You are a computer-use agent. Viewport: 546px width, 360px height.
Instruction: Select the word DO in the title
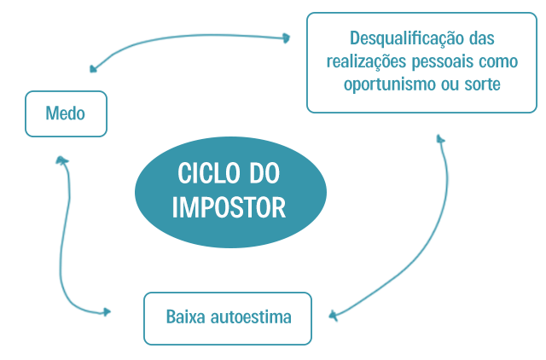(264, 174)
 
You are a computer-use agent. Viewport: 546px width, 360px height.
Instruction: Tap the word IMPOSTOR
(229, 208)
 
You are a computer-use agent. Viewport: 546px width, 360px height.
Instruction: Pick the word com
(491, 62)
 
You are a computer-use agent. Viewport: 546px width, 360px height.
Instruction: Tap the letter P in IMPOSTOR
(206, 208)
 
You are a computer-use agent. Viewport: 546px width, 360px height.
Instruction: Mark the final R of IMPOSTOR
(279, 208)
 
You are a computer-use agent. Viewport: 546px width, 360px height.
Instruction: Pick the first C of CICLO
(183, 174)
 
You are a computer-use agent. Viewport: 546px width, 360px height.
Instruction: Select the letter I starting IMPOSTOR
(175, 208)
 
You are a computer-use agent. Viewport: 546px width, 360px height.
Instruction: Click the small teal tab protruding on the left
(38, 113)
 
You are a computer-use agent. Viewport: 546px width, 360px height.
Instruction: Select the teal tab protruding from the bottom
(228, 335)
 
